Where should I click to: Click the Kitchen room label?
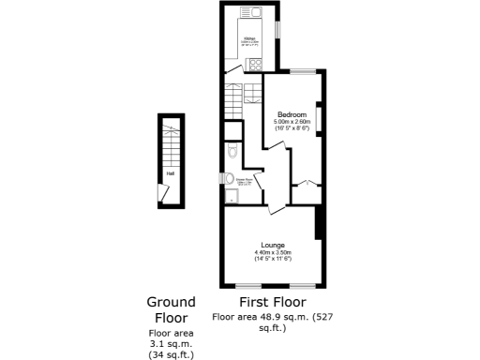[x=249, y=38]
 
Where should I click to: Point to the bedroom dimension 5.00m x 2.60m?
[x=292, y=122]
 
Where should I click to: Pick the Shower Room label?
[x=243, y=180]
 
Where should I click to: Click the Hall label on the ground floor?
[x=170, y=173]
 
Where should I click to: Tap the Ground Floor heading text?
[x=171, y=309]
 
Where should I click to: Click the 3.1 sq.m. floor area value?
[x=171, y=343]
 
